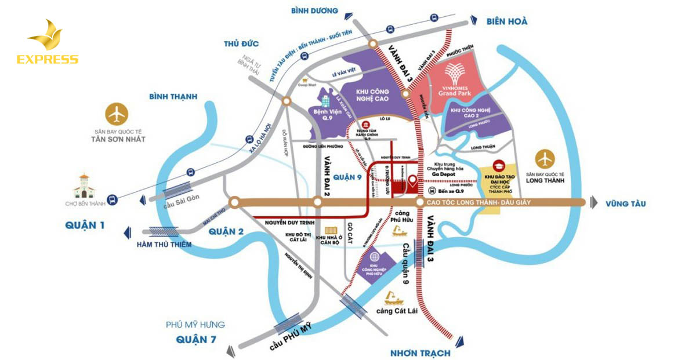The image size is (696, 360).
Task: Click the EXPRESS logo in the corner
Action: [47, 43]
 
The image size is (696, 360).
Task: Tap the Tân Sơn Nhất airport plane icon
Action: [118, 114]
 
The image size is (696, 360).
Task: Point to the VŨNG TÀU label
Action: [625, 203]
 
